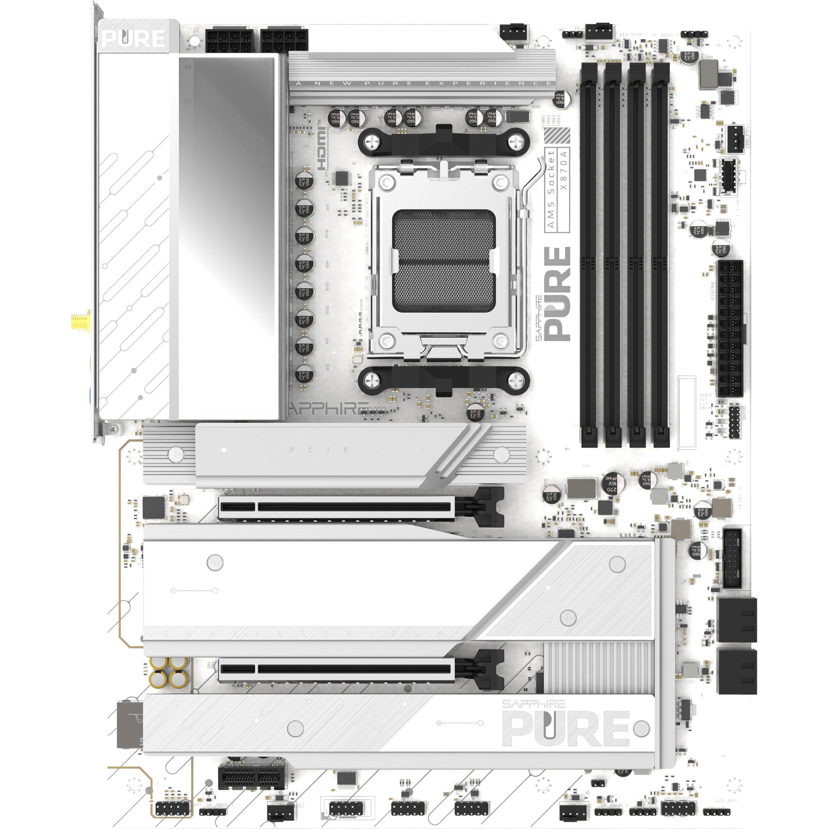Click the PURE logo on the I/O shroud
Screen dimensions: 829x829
[x=133, y=39]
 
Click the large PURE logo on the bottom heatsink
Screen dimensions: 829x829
[x=566, y=729]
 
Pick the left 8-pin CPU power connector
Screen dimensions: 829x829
[x=230, y=41]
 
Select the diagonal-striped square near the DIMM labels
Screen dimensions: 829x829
[x=557, y=136]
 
